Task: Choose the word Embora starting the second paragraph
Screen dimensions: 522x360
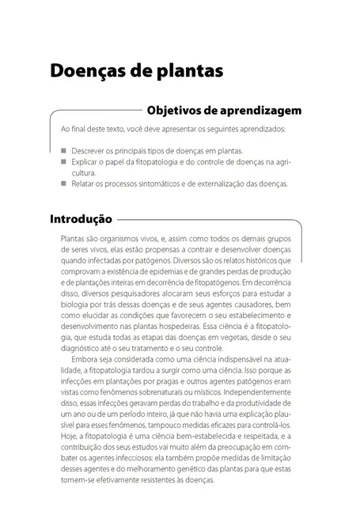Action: point(83,358)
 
